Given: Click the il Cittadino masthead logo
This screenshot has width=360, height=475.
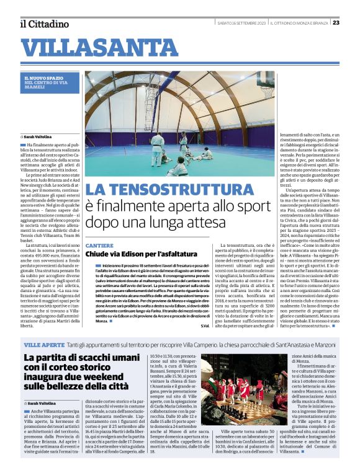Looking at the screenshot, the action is pyautogui.click(x=43, y=24).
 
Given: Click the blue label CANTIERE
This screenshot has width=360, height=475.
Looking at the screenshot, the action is pyautogui.click(x=99, y=246).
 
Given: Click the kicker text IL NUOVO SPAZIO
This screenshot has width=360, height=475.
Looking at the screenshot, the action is pyautogui.click(x=47, y=78).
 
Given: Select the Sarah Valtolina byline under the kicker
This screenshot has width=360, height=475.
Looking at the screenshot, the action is pyautogui.click(x=38, y=136).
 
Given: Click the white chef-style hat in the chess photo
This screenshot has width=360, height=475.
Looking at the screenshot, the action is pyautogui.click(x=218, y=376).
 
